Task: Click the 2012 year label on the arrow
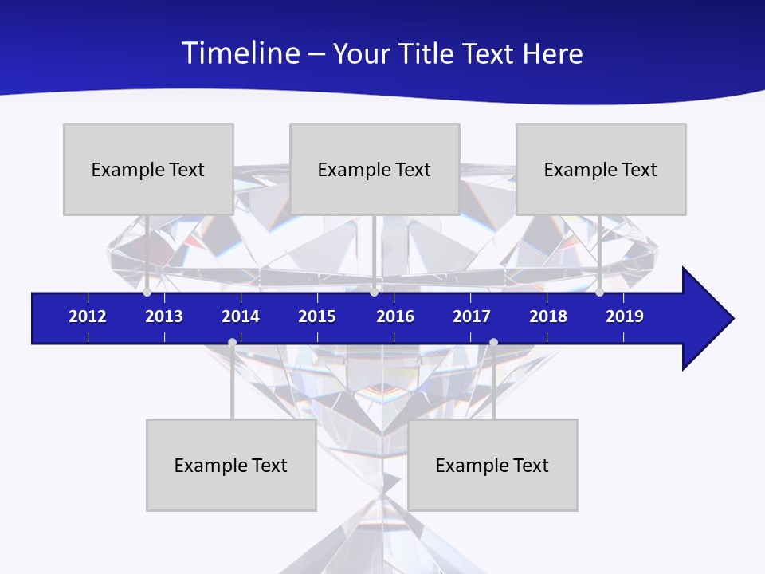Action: point(88,316)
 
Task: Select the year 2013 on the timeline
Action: point(164,316)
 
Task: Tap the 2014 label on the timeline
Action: point(241,316)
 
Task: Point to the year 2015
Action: point(317,316)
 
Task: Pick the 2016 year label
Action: point(395,316)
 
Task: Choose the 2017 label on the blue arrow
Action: point(472,316)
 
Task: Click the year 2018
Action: point(548,316)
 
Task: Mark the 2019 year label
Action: point(625,316)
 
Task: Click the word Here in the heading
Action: point(552,53)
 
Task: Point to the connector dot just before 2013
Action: point(147,293)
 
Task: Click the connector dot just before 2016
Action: point(374,293)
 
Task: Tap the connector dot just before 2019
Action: point(599,293)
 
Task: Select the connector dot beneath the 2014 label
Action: point(232,343)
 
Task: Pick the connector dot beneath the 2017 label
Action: point(493,343)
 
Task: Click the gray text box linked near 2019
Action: point(601,169)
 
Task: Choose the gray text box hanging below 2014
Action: point(231,465)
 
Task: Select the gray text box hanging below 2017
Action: point(492,465)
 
